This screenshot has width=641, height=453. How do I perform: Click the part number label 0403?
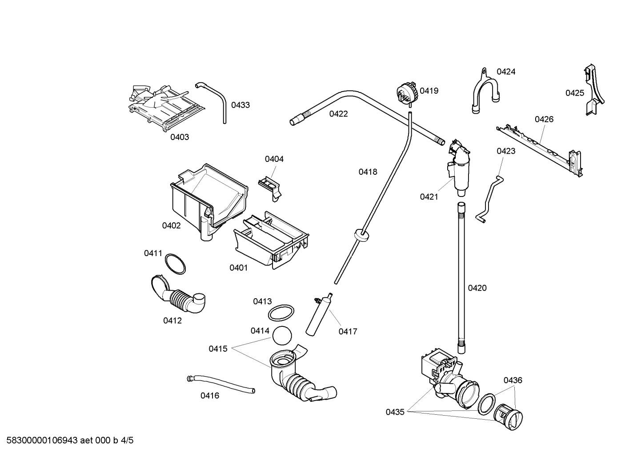pos(180,137)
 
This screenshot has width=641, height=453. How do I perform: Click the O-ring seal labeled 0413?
pos(281,313)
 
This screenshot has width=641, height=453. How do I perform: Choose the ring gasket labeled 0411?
pos(175,264)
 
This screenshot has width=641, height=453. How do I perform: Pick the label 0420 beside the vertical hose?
pos(477,288)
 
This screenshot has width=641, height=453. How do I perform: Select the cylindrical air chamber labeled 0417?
pos(318,315)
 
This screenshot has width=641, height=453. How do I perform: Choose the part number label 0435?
pos(395,412)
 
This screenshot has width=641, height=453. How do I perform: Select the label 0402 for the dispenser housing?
pos(171,225)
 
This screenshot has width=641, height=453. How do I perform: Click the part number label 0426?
pos(544,119)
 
